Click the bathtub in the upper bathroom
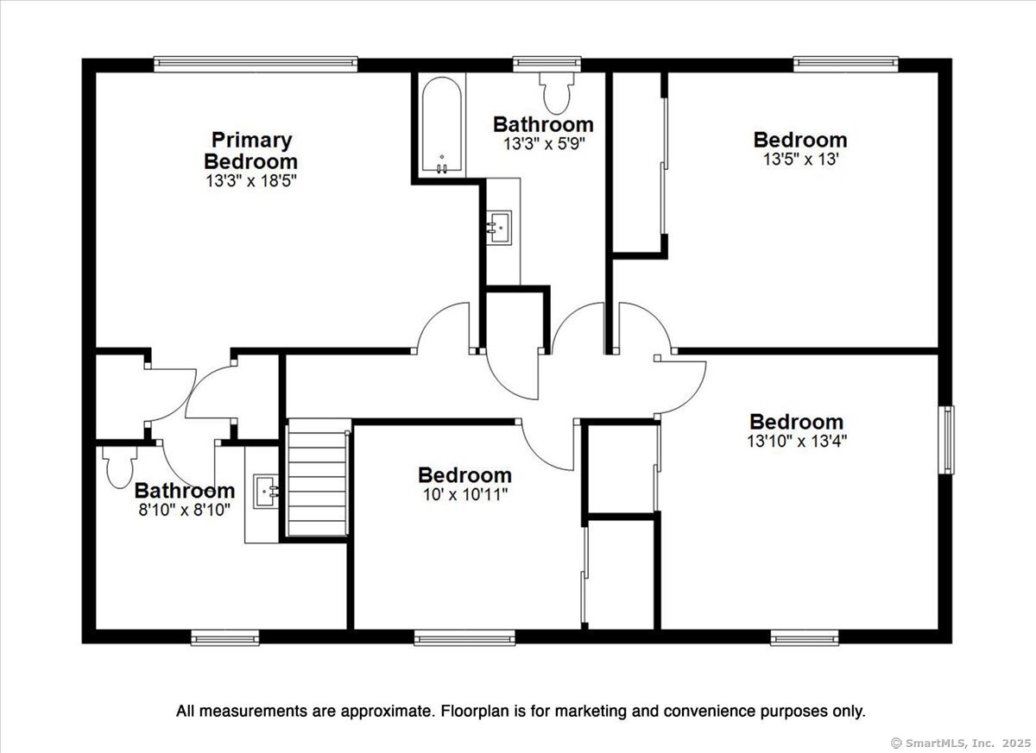pyautogui.click(x=442, y=125)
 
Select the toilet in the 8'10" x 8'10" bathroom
pyautogui.click(x=120, y=467)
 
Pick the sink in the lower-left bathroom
pyautogui.click(x=266, y=492)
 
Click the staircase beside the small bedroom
pyautogui.click(x=318, y=477)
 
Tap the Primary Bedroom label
pyautogui.click(x=250, y=151)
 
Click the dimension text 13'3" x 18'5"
pyautogui.click(x=250, y=180)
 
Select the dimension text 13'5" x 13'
pyautogui.click(x=800, y=160)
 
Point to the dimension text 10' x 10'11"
pyautogui.click(x=464, y=495)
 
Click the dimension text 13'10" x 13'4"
pyautogui.click(x=797, y=441)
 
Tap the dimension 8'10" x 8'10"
pyautogui.click(x=185, y=510)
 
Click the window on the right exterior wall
pyautogui.click(x=946, y=440)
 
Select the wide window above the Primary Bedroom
pyautogui.click(x=256, y=64)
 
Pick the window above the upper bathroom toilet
pyautogui.click(x=546, y=64)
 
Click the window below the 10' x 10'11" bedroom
pyautogui.click(x=464, y=637)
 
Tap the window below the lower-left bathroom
pyautogui.click(x=224, y=637)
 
